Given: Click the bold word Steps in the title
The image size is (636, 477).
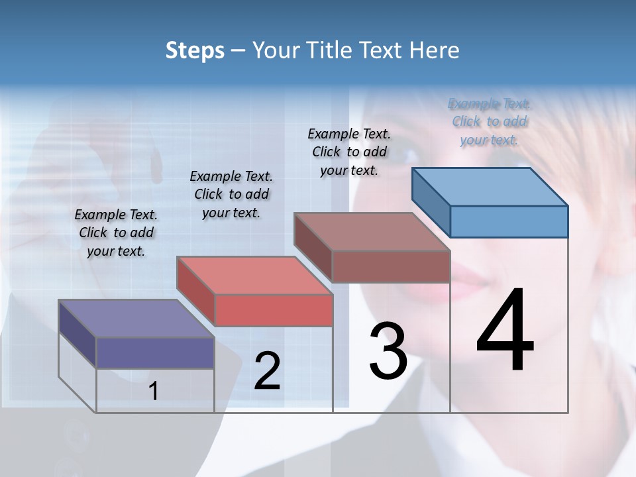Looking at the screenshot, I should click(x=195, y=50).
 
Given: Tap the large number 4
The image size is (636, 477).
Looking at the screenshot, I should click(x=505, y=331).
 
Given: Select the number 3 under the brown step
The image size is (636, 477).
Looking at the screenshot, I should click(x=388, y=351).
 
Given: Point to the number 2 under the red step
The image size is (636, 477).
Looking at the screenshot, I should click(x=267, y=371).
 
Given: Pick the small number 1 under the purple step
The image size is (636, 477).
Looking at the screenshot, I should click(x=153, y=391).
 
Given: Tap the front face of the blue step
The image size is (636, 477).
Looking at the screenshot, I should click(x=509, y=221).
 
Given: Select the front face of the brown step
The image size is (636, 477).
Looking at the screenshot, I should click(x=391, y=266).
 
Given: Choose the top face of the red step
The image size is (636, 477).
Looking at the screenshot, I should click(x=254, y=276).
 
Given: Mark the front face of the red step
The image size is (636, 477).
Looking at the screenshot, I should click(x=274, y=310).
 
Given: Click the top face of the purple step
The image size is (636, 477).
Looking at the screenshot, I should click(x=136, y=319).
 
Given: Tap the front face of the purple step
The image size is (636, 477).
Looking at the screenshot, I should click(x=155, y=352).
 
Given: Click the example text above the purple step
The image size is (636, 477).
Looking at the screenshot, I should click(x=116, y=233).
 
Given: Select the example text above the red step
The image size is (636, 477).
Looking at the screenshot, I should click(x=231, y=194).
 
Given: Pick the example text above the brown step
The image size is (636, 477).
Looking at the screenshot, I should click(x=349, y=152).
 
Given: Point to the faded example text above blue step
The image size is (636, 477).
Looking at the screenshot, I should click(x=489, y=121).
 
